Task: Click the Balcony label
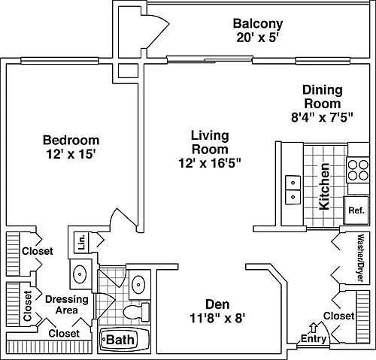coord(258,24)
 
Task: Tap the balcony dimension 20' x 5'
coord(258,38)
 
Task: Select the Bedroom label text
coord(71,140)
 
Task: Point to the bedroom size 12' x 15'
coord(71,154)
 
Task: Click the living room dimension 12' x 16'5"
coord(210,163)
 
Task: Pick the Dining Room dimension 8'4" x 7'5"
coord(323,117)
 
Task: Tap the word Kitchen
coord(324,186)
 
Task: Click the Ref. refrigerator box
coord(356,210)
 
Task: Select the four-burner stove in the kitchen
coord(358,170)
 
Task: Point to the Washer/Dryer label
coord(361,258)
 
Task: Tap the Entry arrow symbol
coord(313,328)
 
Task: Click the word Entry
coord(314,339)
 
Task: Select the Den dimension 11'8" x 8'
coord(217,319)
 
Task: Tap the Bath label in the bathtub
coord(120,340)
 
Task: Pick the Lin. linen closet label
coord(82,242)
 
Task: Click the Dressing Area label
coord(67,304)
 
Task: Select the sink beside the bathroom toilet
coord(138,284)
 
